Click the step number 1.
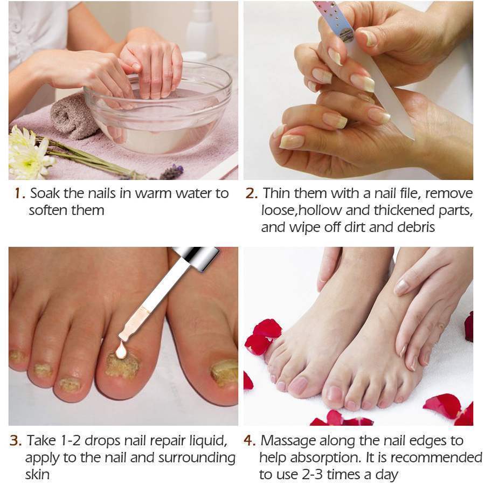[x=17, y=193]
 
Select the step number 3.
[x=16, y=440]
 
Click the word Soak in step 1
[x=45, y=193]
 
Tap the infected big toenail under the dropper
[x=122, y=366]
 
